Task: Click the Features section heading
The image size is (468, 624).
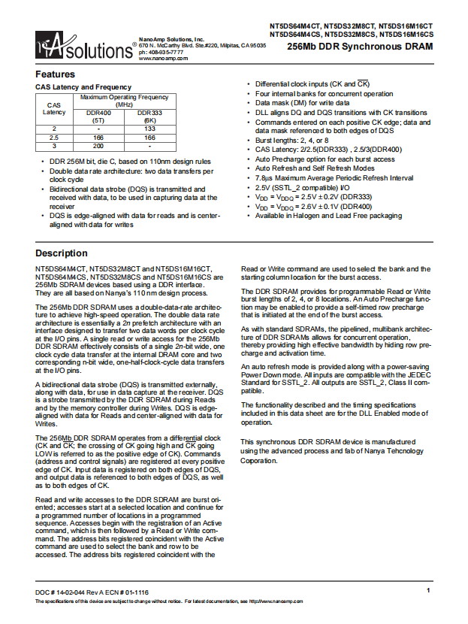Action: tap(56, 74)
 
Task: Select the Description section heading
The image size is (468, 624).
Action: tap(62, 253)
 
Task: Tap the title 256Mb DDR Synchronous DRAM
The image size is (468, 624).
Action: tap(361, 47)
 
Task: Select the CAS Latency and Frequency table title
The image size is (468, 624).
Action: tap(83, 87)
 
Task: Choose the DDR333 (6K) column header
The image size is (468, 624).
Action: tap(150, 116)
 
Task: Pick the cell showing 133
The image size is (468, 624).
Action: tap(150, 129)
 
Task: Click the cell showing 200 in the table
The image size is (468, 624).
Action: tap(98, 146)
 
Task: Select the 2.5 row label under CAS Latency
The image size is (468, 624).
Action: tap(54, 138)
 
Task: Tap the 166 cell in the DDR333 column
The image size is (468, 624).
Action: tap(150, 138)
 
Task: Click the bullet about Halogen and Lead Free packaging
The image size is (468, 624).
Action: tap(328, 215)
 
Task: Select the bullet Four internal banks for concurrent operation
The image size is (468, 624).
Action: tap(324, 94)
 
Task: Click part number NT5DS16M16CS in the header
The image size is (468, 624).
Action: tap(406, 34)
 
